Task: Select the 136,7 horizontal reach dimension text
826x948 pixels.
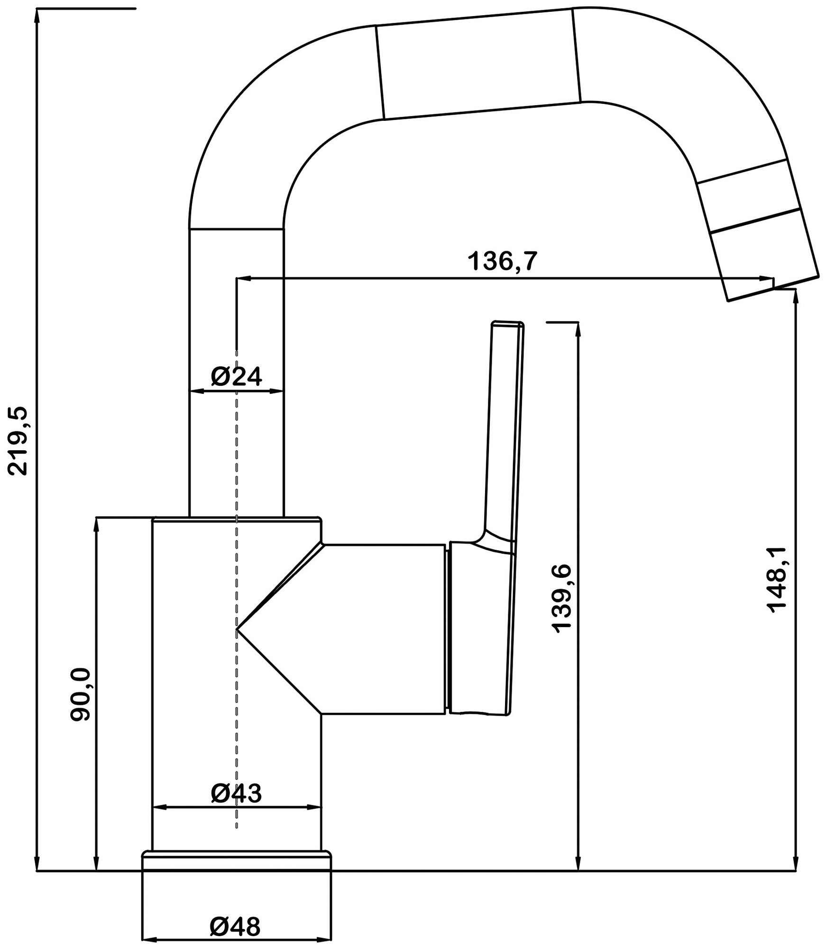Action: (503, 261)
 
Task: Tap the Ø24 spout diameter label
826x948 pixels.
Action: (236, 377)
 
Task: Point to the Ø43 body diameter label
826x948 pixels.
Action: (236, 793)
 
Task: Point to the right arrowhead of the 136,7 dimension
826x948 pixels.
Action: (767, 278)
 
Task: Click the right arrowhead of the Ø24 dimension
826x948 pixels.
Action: (278, 391)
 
